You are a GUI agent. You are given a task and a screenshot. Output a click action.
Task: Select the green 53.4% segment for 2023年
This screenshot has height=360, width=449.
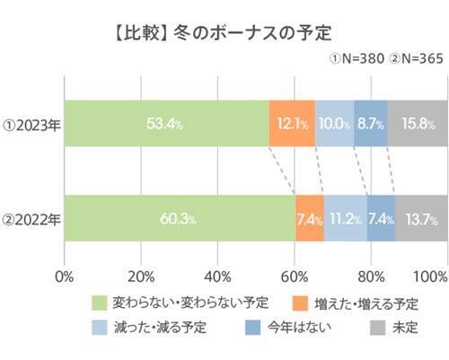pyautogui.click(x=167, y=123)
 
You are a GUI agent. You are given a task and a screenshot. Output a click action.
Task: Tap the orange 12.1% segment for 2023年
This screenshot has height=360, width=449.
pyautogui.click(x=292, y=123)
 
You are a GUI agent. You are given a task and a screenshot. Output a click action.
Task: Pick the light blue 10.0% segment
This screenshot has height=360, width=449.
pyautogui.click(x=334, y=123)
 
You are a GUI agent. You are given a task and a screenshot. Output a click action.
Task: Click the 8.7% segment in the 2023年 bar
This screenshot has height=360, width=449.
pyautogui.click(x=370, y=123)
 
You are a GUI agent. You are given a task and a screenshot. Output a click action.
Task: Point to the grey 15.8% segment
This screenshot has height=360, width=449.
pyautogui.click(x=417, y=123)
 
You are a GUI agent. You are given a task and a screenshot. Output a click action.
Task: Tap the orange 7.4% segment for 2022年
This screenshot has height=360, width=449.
pyautogui.click(x=309, y=219)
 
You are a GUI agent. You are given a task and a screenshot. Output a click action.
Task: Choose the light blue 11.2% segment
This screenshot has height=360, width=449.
pyautogui.click(x=345, y=219)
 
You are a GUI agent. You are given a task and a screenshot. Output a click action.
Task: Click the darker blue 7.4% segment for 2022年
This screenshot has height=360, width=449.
pyautogui.click(x=381, y=219)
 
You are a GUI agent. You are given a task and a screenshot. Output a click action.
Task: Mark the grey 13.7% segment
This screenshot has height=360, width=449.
pyautogui.click(x=420, y=219)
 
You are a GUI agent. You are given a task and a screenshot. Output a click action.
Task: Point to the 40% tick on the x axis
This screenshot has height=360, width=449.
pyautogui.click(x=217, y=274)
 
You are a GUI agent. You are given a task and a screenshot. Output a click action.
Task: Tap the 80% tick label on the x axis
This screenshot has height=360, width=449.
pyautogui.click(x=371, y=274)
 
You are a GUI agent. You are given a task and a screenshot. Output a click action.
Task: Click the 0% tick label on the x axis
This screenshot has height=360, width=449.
pyautogui.click(x=65, y=274)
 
